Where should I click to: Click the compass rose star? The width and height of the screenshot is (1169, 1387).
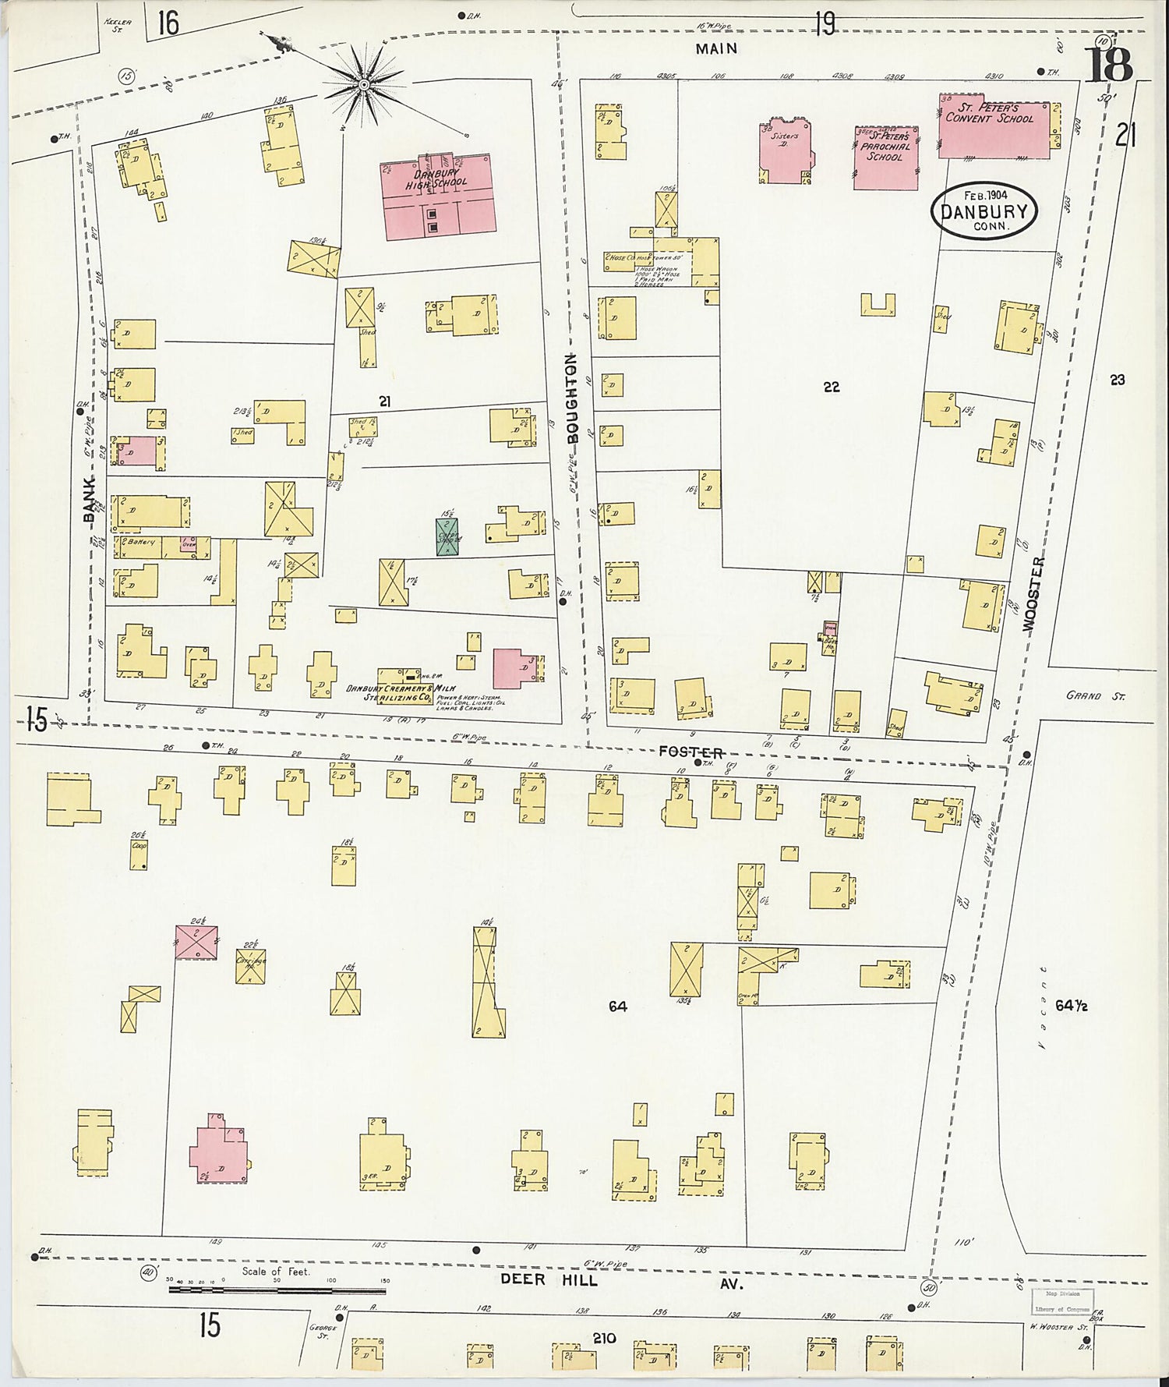[363, 83]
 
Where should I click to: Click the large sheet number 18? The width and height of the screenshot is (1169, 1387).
[1108, 65]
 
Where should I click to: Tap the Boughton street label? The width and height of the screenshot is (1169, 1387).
[572, 398]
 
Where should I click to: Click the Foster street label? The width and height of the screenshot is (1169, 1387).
[690, 752]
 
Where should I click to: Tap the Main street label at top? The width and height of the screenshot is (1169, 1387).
[717, 49]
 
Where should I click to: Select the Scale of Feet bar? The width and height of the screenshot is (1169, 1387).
[277, 1290]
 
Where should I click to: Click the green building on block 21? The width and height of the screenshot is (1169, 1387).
[447, 536]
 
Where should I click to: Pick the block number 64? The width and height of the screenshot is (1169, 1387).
[617, 1007]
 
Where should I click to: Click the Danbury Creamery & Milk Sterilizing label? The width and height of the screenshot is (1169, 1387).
[400, 693]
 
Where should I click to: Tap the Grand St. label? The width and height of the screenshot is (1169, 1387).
[1095, 696]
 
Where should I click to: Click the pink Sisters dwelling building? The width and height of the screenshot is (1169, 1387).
[786, 152]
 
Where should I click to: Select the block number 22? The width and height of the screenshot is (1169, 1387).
[831, 387]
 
